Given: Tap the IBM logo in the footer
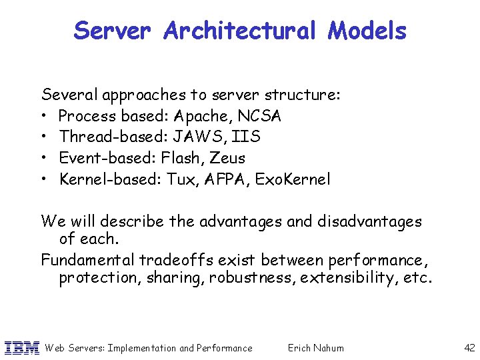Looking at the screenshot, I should coord(22,347).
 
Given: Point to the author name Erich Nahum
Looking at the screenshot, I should coord(315,347).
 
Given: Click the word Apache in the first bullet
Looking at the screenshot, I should coord(205,117).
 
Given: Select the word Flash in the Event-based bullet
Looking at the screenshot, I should coord(182,159).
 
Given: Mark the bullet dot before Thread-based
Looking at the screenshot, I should coord(45,137).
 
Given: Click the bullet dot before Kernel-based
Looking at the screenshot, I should coord(45,179).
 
